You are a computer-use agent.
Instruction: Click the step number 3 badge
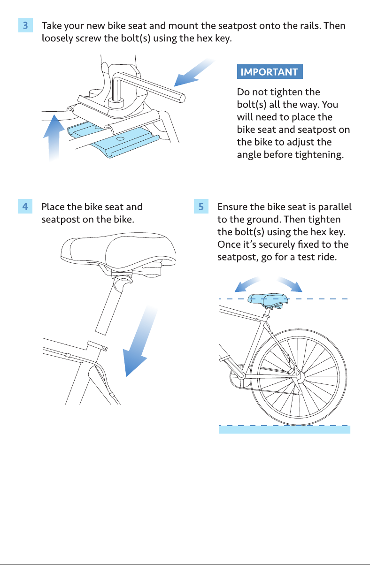click(x=25, y=25)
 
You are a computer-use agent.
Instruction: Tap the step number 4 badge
click(x=25, y=206)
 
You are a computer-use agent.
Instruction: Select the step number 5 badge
click(x=201, y=206)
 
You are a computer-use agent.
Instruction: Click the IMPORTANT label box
click(x=270, y=72)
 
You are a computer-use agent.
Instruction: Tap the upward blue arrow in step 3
click(x=54, y=137)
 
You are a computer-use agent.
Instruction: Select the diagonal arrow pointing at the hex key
click(x=194, y=73)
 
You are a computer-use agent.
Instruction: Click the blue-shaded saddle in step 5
click(x=268, y=300)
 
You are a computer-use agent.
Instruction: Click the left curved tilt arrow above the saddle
click(x=246, y=284)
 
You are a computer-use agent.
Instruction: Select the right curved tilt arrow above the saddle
click(x=291, y=284)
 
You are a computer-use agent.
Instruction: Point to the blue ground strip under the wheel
click(x=285, y=429)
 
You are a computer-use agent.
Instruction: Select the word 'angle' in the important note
click(x=248, y=155)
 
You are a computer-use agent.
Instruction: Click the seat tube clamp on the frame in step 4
click(x=97, y=345)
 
